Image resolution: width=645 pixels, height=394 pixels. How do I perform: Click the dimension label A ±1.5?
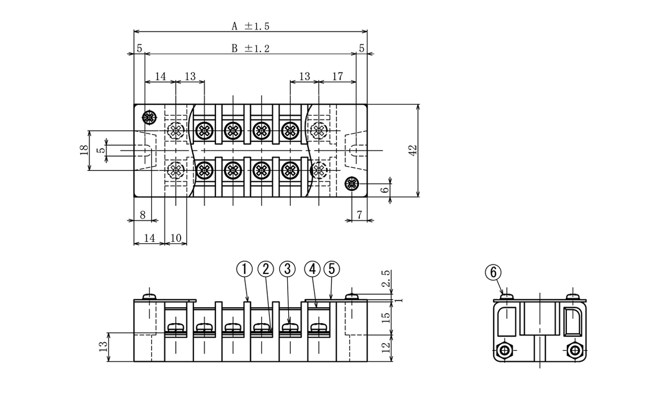[x=250, y=26]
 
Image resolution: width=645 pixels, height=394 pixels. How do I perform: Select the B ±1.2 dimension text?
[x=250, y=48]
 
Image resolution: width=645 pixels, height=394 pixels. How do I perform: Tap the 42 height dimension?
[x=412, y=151]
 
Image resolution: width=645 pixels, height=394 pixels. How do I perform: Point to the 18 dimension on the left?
[x=84, y=151]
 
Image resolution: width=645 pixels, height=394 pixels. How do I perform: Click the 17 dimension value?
[x=337, y=77]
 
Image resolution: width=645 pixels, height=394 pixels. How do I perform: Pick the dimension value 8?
[x=142, y=215]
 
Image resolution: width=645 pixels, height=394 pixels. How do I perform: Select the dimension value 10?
[x=176, y=237]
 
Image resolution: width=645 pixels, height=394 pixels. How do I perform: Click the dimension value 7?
[x=359, y=215]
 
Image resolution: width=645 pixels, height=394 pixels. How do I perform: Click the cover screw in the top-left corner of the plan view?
[x=149, y=117]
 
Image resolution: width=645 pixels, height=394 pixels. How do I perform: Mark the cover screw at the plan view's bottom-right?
[x=351, y=184]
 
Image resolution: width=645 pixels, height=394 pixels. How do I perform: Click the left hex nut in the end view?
[x=504, y=351]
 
